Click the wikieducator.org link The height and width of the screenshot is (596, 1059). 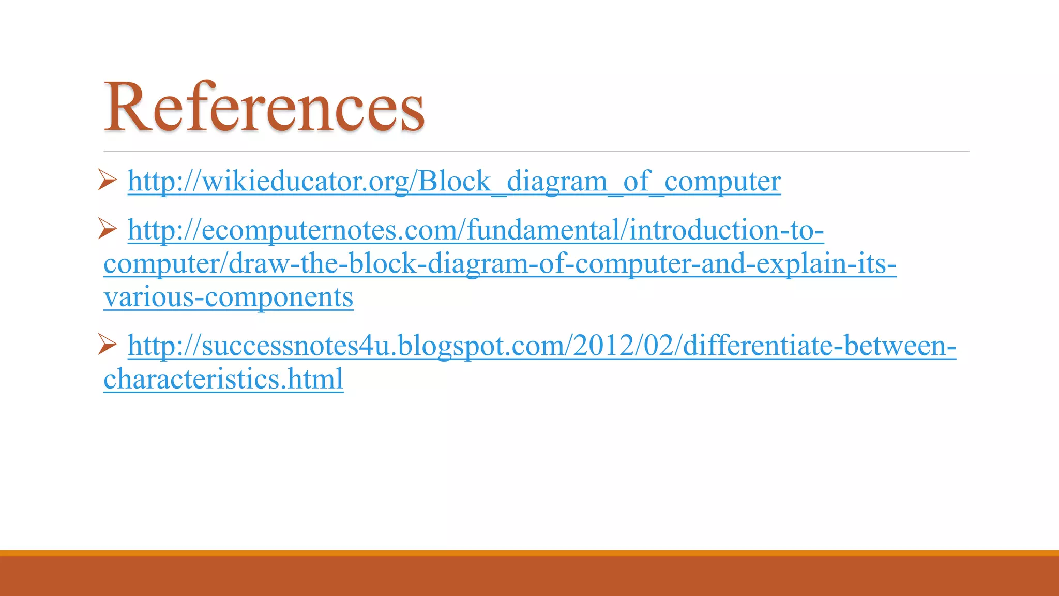tap(454, 181)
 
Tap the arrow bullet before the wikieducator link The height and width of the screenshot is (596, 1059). tap(107, 180)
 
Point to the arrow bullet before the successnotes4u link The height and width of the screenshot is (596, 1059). tap(107, 344)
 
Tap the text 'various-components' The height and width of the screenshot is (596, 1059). tap(228, 297)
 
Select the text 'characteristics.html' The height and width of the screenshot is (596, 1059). tap(223, 379)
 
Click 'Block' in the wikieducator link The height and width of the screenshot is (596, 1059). tap(454, 181)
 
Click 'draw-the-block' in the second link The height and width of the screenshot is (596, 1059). tap(322, 264)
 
